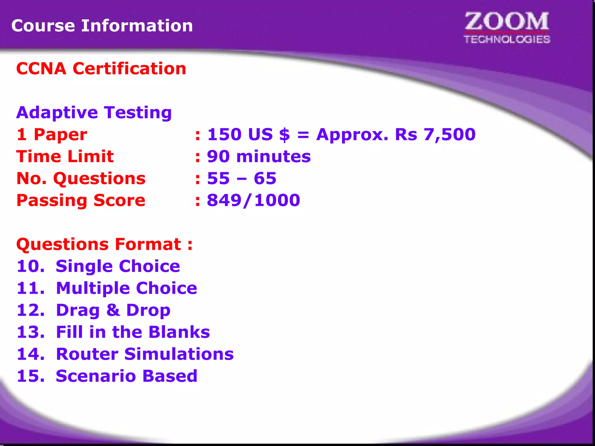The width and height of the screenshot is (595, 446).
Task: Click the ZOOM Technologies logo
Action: [507, 28]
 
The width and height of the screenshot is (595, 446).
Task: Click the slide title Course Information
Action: [102, 26]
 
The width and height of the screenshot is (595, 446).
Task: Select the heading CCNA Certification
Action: [101, 69]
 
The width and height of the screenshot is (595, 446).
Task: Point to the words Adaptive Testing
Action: [94, 112]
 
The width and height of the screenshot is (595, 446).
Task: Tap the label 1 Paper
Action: [52, 134]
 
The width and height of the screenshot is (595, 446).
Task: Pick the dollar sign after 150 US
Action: [284, 134]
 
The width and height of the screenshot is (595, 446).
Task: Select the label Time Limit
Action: [65, 157]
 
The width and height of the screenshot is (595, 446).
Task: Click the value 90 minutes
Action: [259, 157]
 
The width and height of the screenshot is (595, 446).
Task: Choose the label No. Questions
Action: [81, 178]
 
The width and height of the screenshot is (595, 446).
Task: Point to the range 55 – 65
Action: [241, 178]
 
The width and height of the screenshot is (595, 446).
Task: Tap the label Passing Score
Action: [81, 200]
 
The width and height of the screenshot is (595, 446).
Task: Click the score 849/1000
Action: [253, 200]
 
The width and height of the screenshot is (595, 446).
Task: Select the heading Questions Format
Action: [104, 244]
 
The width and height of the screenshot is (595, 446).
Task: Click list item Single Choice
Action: [118, 266]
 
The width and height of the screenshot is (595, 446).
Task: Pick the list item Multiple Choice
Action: [126, 288]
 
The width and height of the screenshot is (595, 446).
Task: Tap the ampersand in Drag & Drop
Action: [113, 310]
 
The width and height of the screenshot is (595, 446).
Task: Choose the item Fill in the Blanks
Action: [133, 332]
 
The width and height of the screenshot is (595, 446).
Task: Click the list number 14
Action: [30, 354]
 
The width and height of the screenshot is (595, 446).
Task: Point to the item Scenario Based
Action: [126, 376]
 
